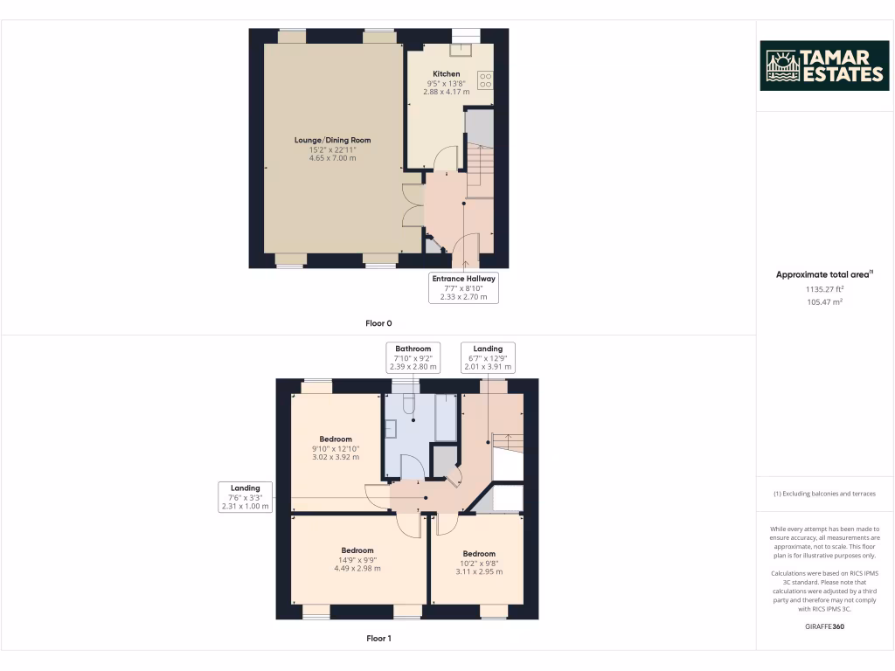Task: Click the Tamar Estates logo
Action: tap(824, 66)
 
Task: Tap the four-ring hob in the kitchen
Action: tap(485, 80)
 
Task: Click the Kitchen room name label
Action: tap(447, 74)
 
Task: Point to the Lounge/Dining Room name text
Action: tap(332, 140)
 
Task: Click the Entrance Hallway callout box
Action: tap(463, 288)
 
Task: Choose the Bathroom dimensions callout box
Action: tap(413, 358)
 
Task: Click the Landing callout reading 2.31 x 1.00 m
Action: tap(245, 497)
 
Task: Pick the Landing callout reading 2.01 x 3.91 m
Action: tap(488, 358)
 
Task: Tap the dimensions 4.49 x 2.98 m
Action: tap(357, 569)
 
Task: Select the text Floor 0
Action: tap(378, 323)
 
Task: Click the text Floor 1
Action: tap(378, 639)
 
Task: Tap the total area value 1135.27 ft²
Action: tap(824, 288)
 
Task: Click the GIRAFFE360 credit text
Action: tap(824, 626)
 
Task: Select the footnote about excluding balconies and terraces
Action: tap(824, 494)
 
